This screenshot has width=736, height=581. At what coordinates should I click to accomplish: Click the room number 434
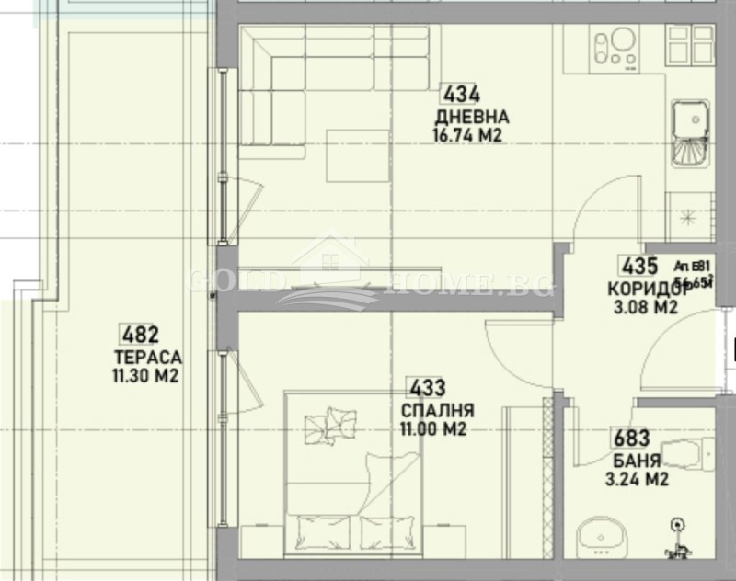tap(463, 94)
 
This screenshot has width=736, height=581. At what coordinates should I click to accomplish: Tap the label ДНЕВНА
tap(472, 117)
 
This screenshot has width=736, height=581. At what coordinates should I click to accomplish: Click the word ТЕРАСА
tap(147, 358)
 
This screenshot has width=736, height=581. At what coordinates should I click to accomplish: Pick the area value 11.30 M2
tap(144, 375)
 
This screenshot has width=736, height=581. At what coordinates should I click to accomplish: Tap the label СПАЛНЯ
tap(437, 411)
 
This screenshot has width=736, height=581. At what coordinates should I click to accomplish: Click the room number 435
tap(640, 268)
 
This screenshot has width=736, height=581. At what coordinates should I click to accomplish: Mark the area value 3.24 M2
tap(636, 479)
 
